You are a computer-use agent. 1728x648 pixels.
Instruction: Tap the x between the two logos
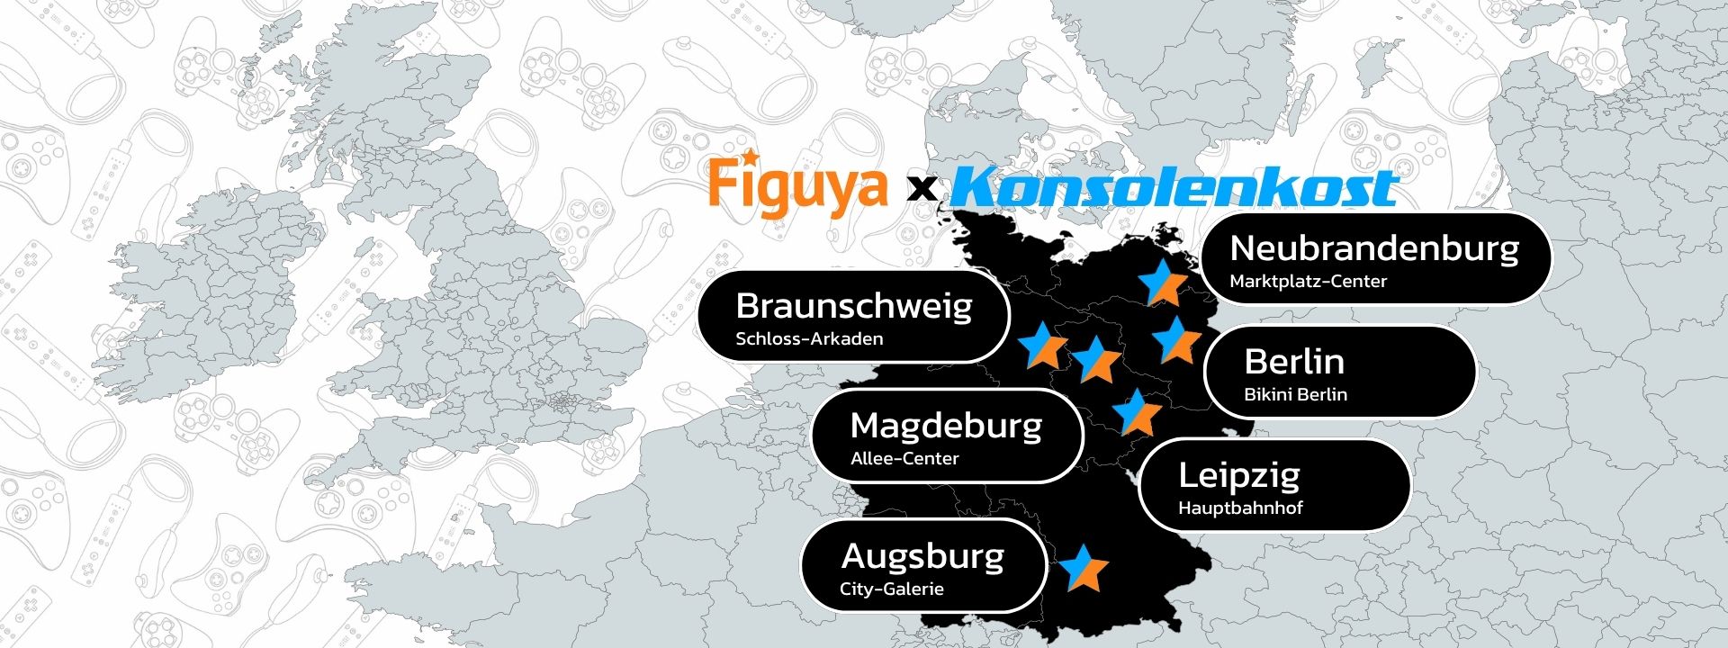(x=920, y=189)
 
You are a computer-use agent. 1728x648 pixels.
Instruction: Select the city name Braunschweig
(x=853, y=307)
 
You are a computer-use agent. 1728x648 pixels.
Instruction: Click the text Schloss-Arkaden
(x=809, y=339)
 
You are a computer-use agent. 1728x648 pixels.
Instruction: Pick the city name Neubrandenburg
(x=1373, y=248)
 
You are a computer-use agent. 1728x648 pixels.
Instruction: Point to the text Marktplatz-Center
(x=1308, y=282)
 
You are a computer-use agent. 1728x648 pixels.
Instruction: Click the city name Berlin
(x=1293, y=362)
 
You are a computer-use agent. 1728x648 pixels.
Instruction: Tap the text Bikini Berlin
(x=1295, y=394)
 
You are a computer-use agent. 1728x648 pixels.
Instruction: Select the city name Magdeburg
(x=945, y=426)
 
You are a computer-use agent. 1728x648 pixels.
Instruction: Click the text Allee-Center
(x=904, y=459)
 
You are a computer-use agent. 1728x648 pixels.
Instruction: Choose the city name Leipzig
(x=1238, y=475)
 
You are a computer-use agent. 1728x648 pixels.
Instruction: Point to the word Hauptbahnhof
(x=1239, y=508)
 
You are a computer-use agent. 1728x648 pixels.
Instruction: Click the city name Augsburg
(x=922, y=556)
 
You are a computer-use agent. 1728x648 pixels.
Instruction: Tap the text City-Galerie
(x=891, y=589)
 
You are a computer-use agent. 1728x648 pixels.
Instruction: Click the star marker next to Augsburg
(x=1083, y=568)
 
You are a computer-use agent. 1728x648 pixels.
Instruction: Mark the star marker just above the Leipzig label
(x=1137, y=412)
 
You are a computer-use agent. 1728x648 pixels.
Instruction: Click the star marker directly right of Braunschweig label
(x=1043, y=346)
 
